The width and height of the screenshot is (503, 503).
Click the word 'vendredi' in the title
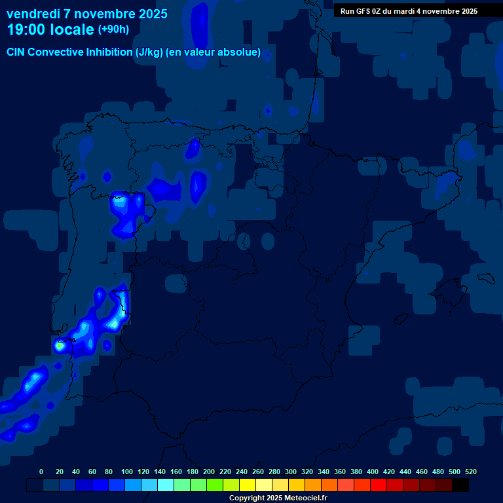coord(33,14)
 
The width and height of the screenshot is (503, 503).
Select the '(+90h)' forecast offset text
coord(113,29)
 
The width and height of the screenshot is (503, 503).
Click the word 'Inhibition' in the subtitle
coord(112,52)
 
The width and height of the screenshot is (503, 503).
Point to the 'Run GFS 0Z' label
coord(363,11)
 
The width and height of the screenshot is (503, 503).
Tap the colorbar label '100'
coord(127,472)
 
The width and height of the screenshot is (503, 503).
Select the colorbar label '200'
coord(209,472)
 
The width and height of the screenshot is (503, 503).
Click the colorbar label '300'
coord(291,472)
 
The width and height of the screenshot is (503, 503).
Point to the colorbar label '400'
coord(373,472)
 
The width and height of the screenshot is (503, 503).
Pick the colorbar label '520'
coord(471,472)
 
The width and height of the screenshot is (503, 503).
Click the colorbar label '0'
coord(41,472)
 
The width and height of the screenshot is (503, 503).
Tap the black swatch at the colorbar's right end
coord(460,485)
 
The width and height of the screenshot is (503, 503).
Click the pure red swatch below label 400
coord(379,485)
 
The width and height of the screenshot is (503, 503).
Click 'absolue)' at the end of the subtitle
coord(240,52)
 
